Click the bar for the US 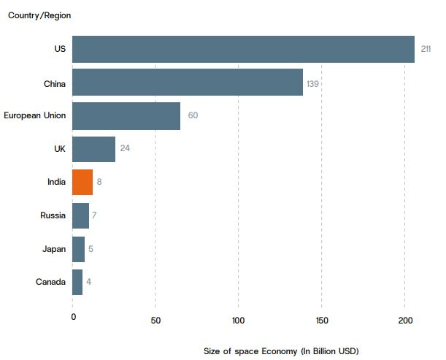(243, 49)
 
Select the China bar (188, 83)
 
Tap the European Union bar (126, 115)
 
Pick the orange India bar (82, 182)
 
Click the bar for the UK (93, 149)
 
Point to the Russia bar (80, 215)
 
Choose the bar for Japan (78, 249)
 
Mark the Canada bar (77, 282)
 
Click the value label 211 (426, 49)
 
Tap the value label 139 (312, 83)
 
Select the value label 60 (193, 115)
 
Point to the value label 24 (125, 148)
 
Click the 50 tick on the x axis (155, 319)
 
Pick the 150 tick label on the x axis (322, 319)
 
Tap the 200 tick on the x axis (405, 319)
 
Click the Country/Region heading (39, 15)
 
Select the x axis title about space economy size (282, 351)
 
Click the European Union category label (34, 115)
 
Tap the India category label (56, 182)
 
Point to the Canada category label (50, 282)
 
